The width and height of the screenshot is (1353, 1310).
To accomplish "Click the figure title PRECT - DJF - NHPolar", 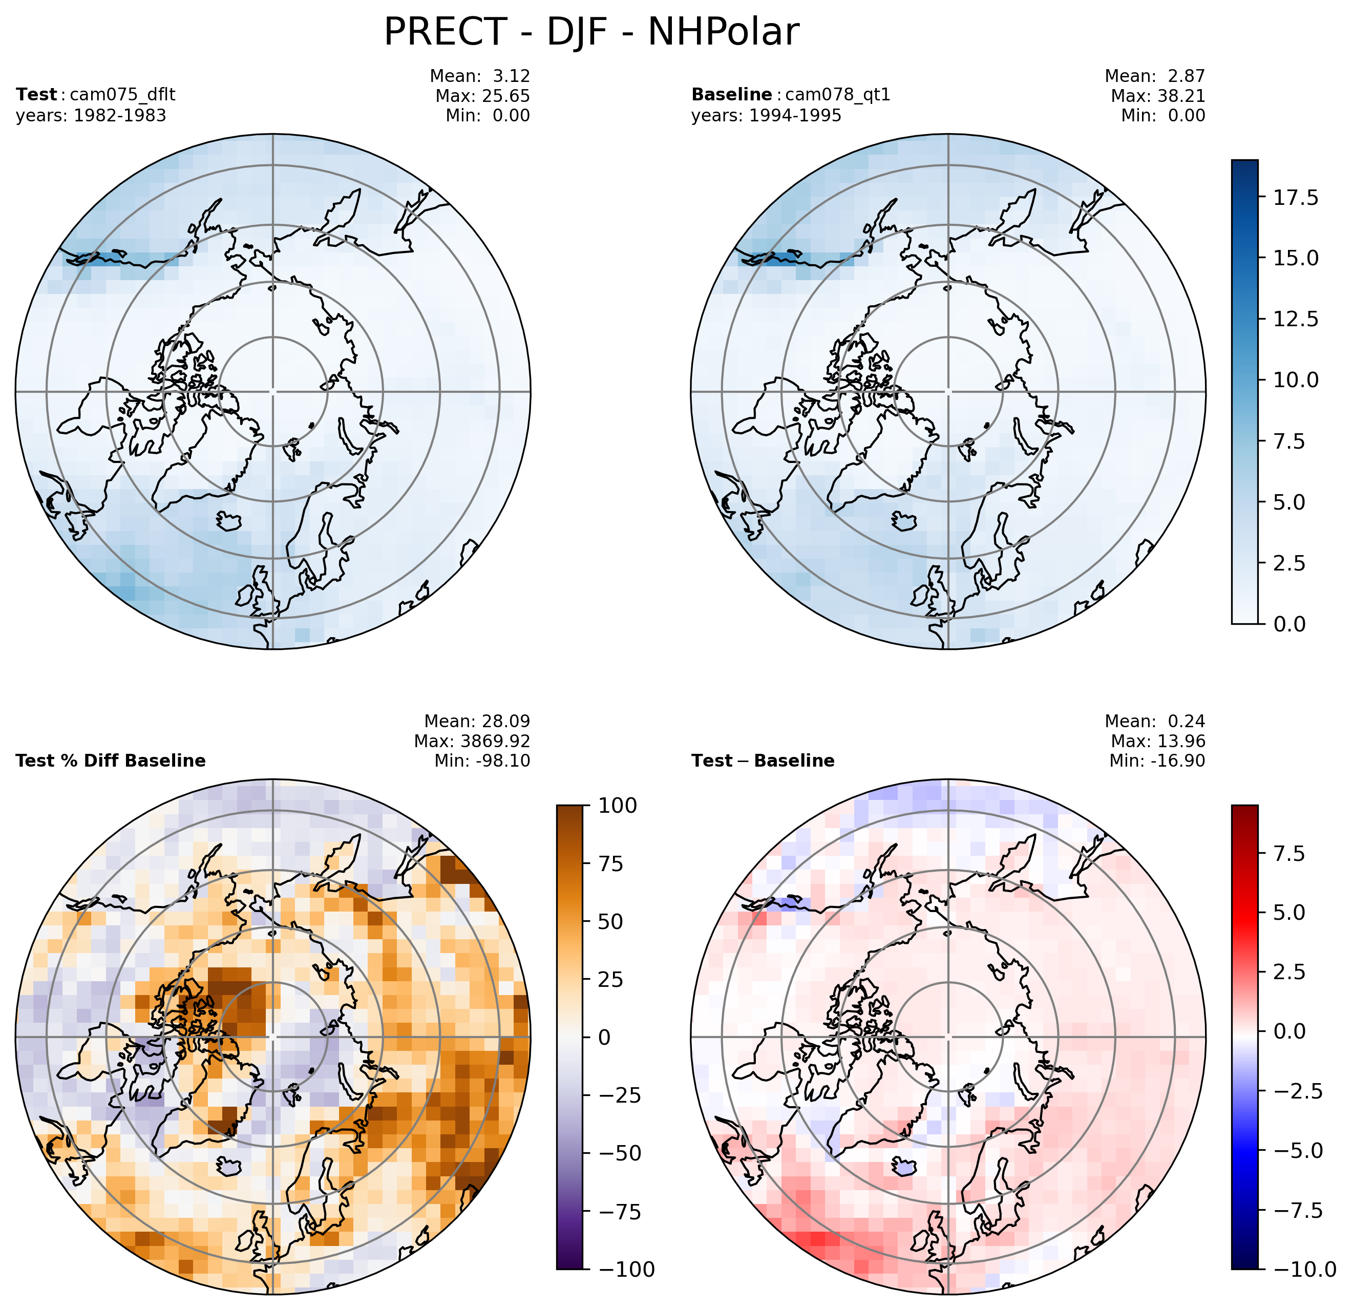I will tap(591, 32).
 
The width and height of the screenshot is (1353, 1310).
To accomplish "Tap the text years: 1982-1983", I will tap(91, 115).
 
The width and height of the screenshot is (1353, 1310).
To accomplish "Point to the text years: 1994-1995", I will tap(766, 115).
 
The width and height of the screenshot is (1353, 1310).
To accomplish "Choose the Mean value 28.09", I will tap(502, 721).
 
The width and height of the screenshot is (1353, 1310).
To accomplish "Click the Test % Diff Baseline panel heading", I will tap(111, 760).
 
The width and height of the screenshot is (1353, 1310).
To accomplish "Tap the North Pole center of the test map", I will tap(272, 391).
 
